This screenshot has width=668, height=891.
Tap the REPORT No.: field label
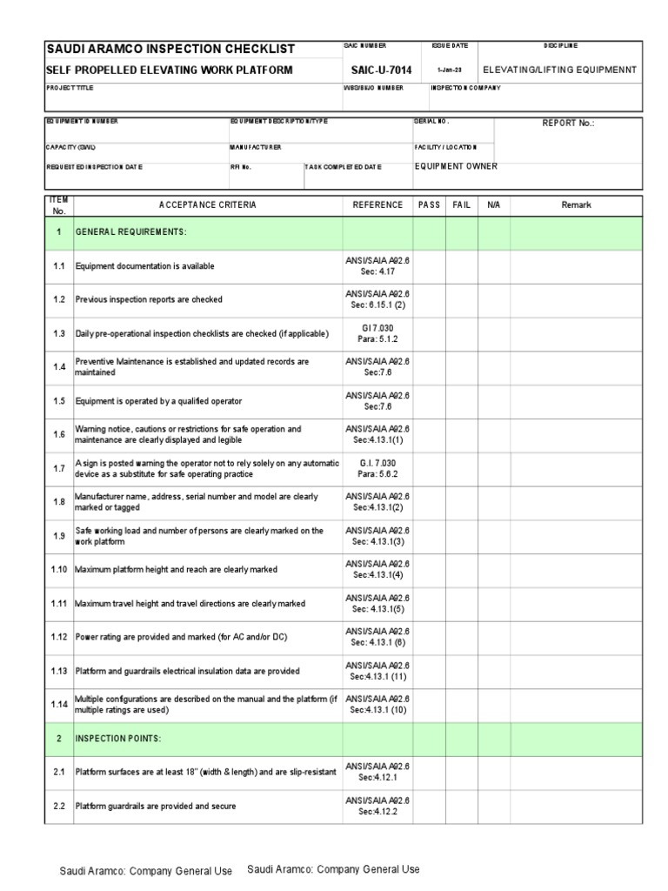point(568,124)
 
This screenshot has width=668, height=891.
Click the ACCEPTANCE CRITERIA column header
point(208,205)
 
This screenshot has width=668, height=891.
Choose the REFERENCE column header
point(377,205)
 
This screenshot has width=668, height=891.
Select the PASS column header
point(430,205)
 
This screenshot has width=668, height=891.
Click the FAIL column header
point(462,205)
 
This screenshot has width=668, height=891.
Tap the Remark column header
point(576,205)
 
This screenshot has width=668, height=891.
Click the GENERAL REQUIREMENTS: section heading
point(131,232)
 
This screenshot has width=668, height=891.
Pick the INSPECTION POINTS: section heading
point(119,739)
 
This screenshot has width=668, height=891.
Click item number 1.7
point(59,469)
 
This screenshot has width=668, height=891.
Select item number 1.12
point(59,637)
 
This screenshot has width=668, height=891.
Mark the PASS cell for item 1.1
point(430,266)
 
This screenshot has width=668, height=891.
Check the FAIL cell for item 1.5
point(462,401)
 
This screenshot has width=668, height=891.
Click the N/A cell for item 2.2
point(493,806)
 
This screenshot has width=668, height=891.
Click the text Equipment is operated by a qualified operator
point(158,401)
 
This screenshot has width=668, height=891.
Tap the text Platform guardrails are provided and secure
point(156,806)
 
